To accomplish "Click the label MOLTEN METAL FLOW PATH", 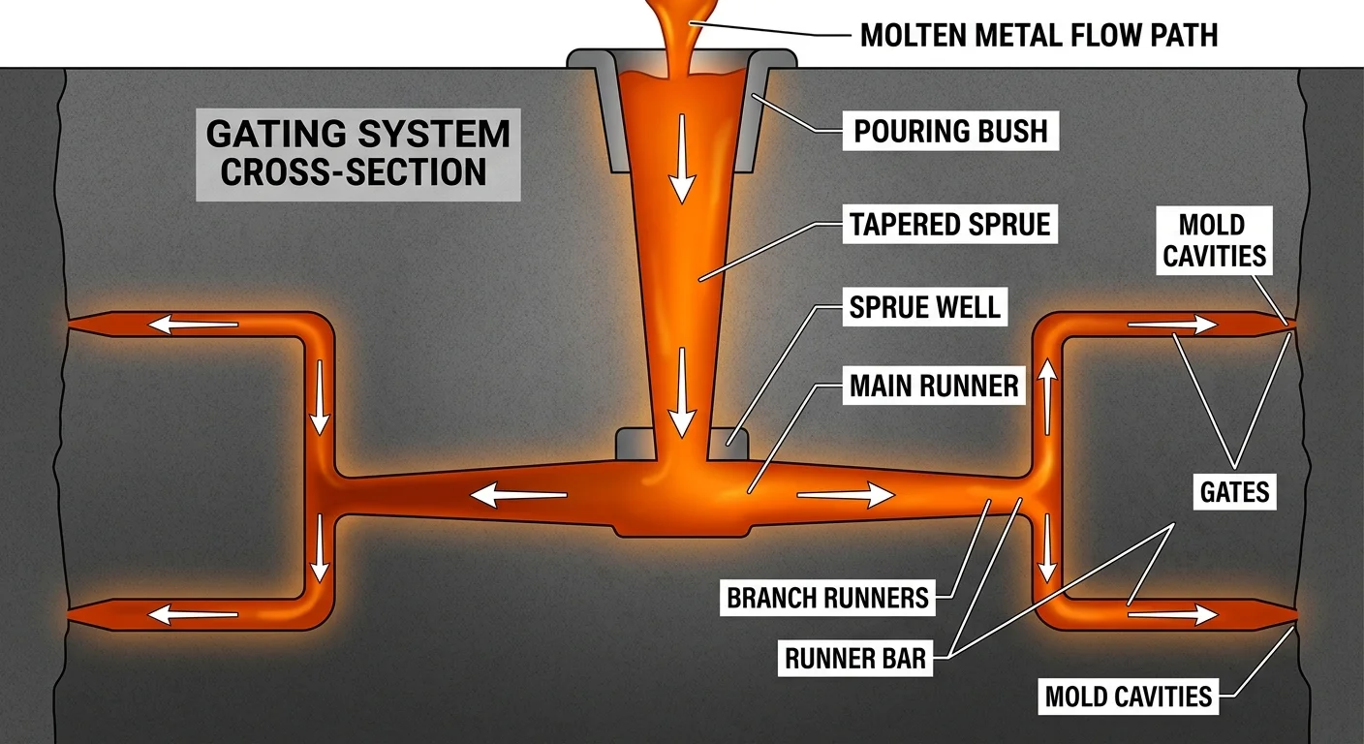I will click(1038, 36).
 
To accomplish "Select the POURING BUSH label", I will click(950, 131).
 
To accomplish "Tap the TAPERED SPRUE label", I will click(949, 225).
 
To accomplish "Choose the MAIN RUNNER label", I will click(934, 386).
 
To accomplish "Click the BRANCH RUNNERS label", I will click(828, 597).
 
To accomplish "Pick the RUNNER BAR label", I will click(855, 660).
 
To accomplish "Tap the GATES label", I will click(1234, 492).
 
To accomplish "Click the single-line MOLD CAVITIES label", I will click(1129, 696).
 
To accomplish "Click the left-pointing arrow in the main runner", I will click(518, 496).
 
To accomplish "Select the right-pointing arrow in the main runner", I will click(846, 496).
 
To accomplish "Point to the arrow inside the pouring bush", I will click(683, 156).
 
